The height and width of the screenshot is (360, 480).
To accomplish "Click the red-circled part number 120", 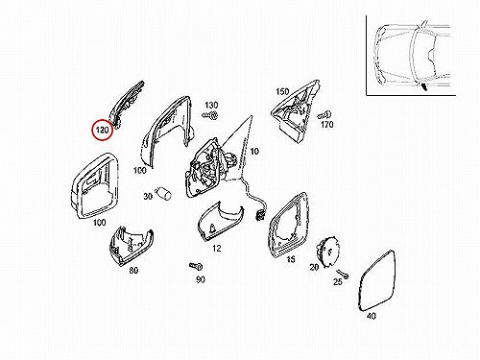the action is point(103,131).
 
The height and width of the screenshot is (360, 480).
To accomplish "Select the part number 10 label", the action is point(254,151).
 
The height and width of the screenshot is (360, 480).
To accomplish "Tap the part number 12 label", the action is point(217,248).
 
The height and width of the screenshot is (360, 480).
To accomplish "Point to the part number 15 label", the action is point(291,259).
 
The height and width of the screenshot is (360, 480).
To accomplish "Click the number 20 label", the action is point(314,266).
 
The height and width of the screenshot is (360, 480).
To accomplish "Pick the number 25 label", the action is point(338,281).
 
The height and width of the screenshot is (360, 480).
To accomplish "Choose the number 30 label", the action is point(148,196).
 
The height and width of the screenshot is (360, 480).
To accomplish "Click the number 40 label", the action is point(372,316).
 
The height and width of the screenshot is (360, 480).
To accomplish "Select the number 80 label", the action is point(133,271).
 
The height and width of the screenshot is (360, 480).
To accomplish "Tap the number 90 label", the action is point(201,279).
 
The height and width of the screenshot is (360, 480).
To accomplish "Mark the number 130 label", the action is point(211,105).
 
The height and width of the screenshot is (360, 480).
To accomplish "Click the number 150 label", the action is point(282,91).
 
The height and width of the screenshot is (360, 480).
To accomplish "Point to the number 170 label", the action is point(327,124).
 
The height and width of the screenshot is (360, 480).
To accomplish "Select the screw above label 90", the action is point(196,266).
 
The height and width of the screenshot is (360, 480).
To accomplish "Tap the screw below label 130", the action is point(210,114).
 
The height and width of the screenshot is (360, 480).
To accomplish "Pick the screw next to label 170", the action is point(324,115).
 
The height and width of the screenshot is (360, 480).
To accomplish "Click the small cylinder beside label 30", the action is point(163,193).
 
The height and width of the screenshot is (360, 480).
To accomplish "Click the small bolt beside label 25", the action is point(343,274).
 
